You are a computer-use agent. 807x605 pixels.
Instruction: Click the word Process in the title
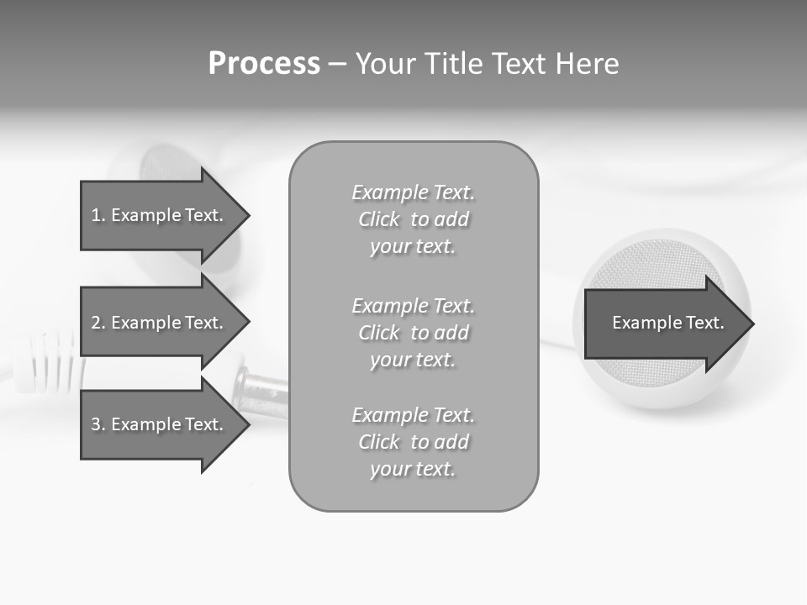click(x=264, y=64)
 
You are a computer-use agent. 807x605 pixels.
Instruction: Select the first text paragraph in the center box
click(x=413, y=219)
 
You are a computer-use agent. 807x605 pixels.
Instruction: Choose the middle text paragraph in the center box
click(x=413, y=333)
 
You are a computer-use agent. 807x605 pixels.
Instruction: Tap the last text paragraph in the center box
click(x=413, y=442)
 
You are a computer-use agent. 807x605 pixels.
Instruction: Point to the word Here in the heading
click(x=587, y=64)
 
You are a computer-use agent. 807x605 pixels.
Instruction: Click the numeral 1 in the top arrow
click(x=97, y=215)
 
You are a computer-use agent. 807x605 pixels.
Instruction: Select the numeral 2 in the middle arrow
click(x=97, y=323)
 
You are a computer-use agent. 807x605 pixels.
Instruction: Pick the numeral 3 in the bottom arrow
click(x=97, y=424)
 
